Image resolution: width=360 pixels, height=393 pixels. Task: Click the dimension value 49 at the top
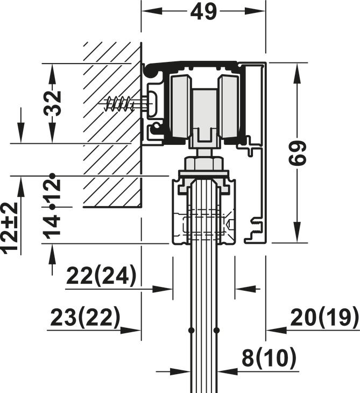pyautogui.click(x=203, y=11)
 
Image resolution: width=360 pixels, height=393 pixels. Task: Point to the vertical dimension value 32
pyautogui.click(x=53, y=103)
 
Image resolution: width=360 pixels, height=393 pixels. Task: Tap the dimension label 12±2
pyautogui.click(x=10, y=228)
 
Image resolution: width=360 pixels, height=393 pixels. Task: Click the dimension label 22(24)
pyautogui.click(x=101, y=277)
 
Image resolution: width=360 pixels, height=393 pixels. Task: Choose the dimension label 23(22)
pyautogui.click(x=85, y=318)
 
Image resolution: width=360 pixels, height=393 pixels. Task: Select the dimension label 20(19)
pyautogui.click(x=324, y=318)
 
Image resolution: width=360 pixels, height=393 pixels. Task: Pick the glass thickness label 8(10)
pyautogui.click(x=269, y=358)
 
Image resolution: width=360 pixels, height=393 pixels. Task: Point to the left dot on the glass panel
pyautogui.click(x=191, y=329)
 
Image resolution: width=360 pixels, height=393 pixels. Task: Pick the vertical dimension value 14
pyautogui.click(x=53, y=226)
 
